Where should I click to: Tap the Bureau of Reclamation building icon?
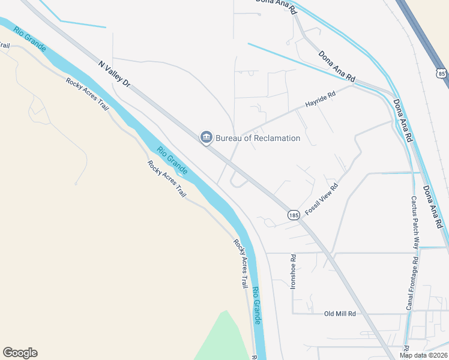(206, 138)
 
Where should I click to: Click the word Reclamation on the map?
(270, 138)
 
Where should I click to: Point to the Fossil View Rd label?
(322, 200)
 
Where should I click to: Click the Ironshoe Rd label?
(294, 272)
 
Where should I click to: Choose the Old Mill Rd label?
(340, 314)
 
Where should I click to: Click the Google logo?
(20, 353)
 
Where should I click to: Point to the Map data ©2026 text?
(423, 355)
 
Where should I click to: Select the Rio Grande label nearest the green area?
(256, 306)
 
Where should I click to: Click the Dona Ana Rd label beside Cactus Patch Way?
(432, 207)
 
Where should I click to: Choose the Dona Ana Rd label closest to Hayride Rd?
(337, 66)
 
